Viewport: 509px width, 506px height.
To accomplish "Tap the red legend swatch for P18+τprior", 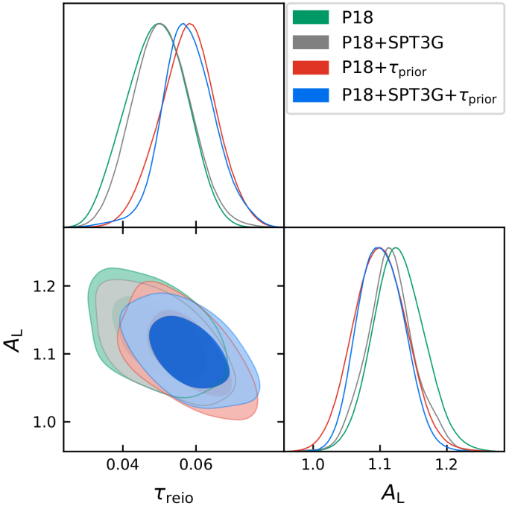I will [x=312, y=69].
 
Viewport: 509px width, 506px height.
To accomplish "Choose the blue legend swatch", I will [x=312, y=95].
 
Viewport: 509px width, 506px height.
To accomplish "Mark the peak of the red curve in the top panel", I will [x=192, y=25].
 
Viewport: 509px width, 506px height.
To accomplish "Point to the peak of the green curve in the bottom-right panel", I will [x=395, y=248].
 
